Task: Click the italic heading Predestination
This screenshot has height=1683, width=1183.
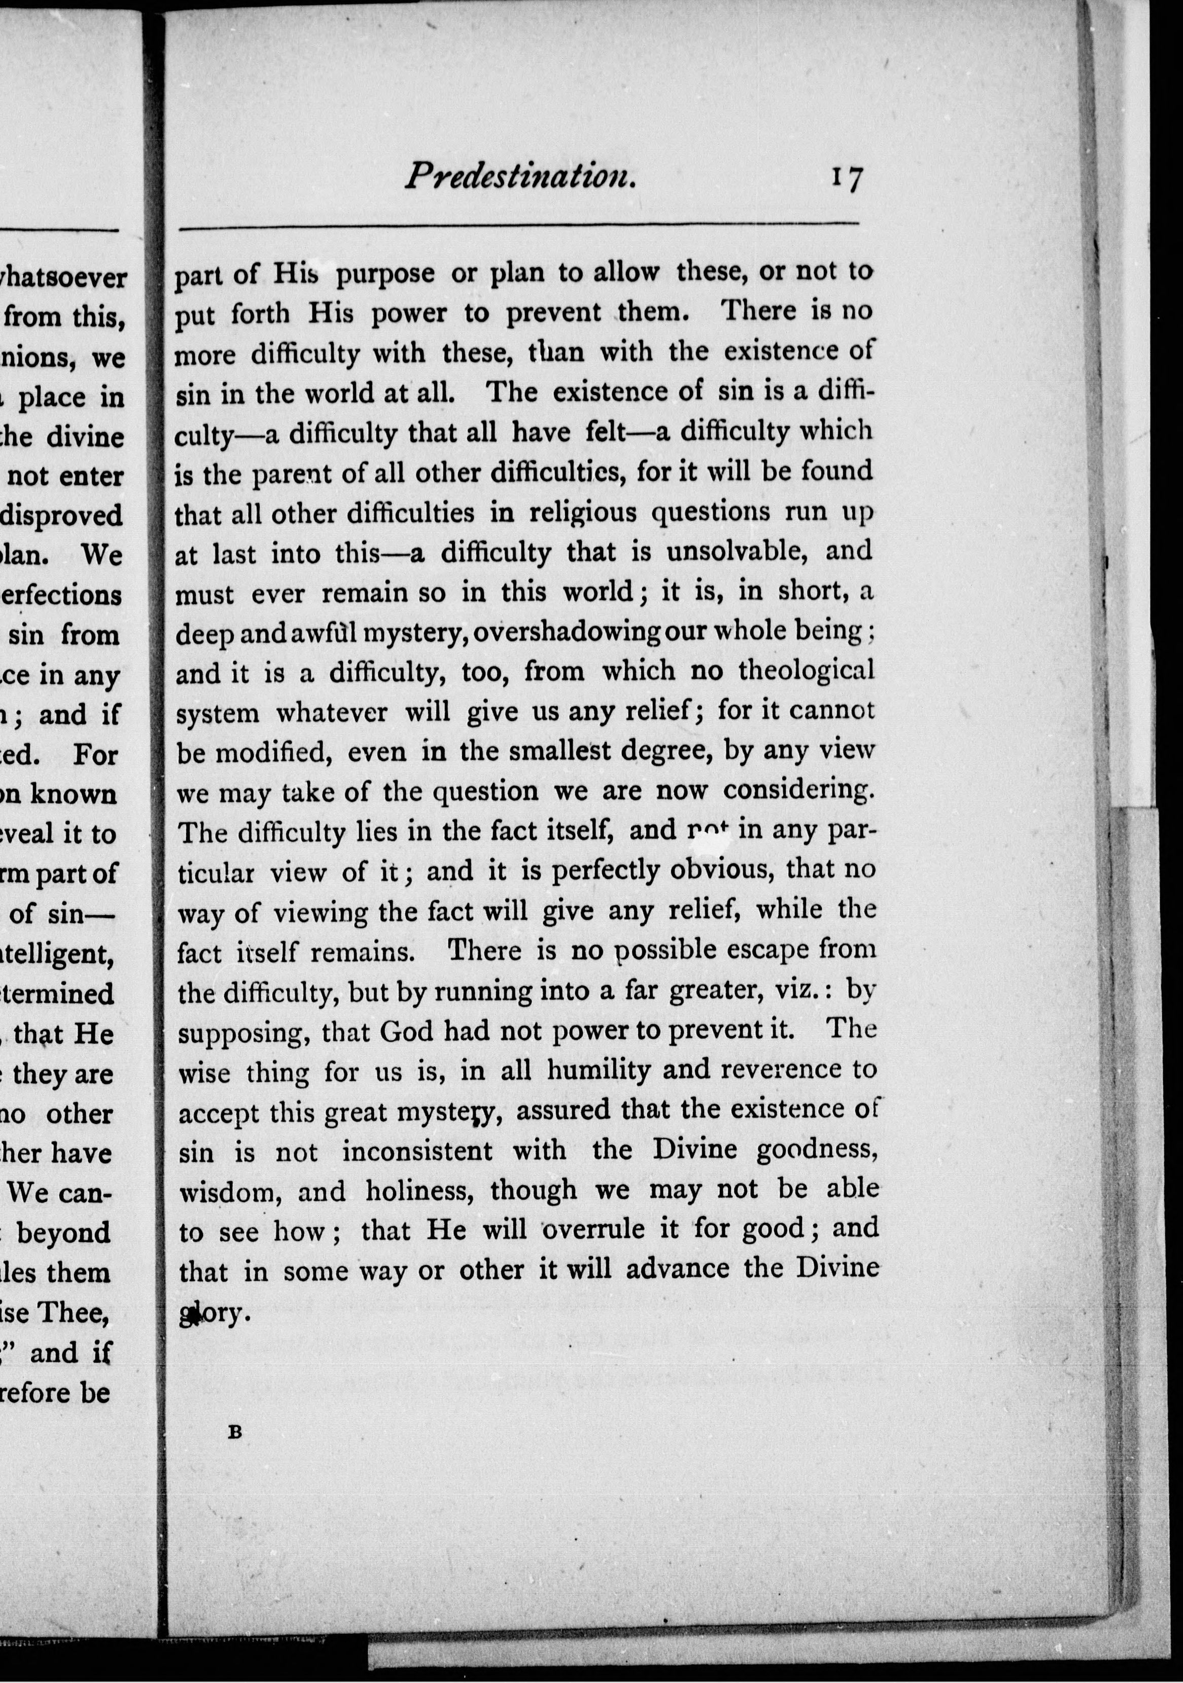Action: pyautogui.click(x=520, y=176)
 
